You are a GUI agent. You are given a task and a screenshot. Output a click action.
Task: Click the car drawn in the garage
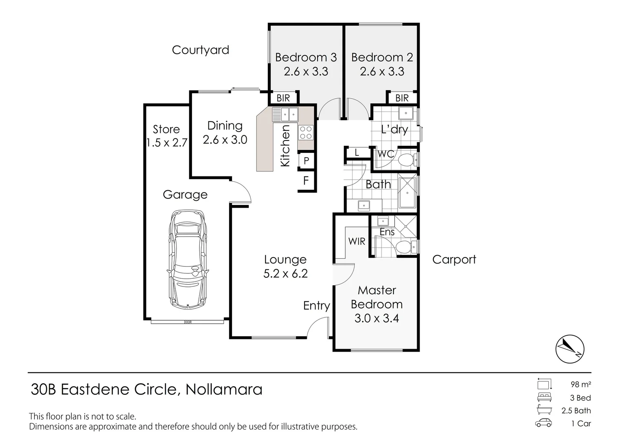tap(187, 259)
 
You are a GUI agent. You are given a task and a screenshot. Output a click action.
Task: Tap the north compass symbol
tap(570, 349)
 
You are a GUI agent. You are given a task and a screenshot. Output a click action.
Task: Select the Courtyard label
tap(200, 50)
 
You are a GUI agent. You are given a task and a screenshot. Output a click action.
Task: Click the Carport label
tap(454, 260)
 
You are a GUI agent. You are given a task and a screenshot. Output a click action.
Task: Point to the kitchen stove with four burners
tap(306, 132)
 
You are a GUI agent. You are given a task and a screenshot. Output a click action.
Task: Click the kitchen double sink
tap(285, 114)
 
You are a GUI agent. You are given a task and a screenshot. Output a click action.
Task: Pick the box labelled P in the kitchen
tap(306, 161)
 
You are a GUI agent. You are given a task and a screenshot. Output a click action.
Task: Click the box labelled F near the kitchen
tap(306, 180)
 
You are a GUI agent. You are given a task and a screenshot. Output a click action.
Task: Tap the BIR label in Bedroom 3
tap(283, 98)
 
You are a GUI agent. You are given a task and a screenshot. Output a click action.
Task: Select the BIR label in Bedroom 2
tap(402, 98)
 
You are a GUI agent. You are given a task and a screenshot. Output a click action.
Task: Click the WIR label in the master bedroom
tap(357, 242)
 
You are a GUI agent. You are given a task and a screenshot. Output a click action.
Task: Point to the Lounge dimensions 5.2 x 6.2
tap(285, 274)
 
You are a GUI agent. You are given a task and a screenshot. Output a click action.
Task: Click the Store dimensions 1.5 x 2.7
tap(166, 143)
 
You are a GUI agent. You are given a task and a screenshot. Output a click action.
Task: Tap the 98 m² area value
tap(581, 384)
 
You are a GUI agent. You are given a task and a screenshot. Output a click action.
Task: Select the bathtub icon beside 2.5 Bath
tap(544, 410)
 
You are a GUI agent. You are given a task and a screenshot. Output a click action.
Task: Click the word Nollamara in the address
tap(224, 389)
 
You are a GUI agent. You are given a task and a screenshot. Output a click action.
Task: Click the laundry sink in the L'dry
tap(406, 113)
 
